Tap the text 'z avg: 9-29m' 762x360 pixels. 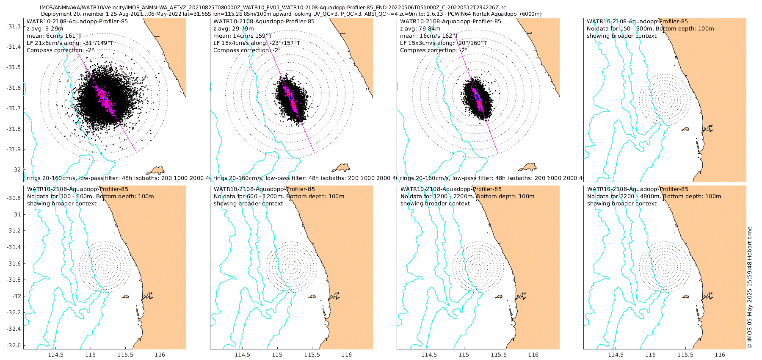[45, 29]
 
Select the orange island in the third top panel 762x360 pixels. [529, 167]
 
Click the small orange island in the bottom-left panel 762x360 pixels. [125, 297]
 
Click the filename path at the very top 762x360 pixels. [273, 8]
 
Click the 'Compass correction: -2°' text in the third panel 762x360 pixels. [434, 50]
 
